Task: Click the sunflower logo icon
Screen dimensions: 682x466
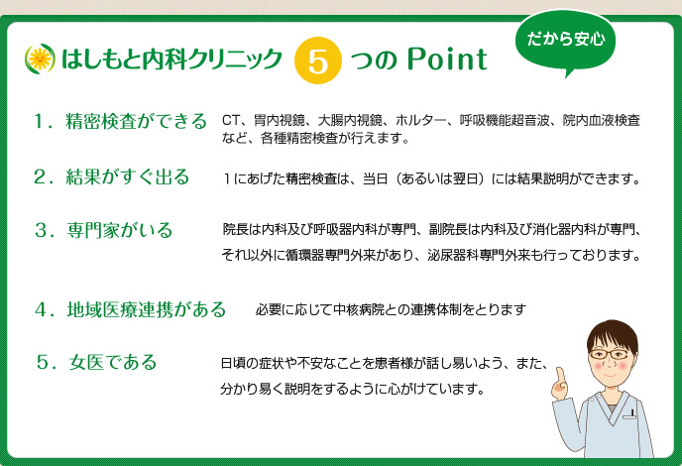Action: tap(40, 58)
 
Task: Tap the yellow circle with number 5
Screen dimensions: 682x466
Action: tap(317, 60)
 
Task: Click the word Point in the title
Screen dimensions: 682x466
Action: tap(447, 59)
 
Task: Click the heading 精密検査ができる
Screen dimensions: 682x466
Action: tap(136, 121)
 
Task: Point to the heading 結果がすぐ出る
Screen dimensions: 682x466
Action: tap(128, 177)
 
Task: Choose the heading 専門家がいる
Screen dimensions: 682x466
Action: tap(120, 230)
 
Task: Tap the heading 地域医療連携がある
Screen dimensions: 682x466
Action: tap(146, 309)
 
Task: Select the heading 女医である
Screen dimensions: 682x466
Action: tap(113, 362)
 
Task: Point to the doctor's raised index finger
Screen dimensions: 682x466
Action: tap(559, 376)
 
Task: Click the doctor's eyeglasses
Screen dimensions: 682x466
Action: tap(609, 354)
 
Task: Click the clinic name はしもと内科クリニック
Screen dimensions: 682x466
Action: tap(171, 59)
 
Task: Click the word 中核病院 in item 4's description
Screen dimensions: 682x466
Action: tap(359, 309)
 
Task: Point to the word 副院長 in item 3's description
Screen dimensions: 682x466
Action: tap(448, 229)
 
